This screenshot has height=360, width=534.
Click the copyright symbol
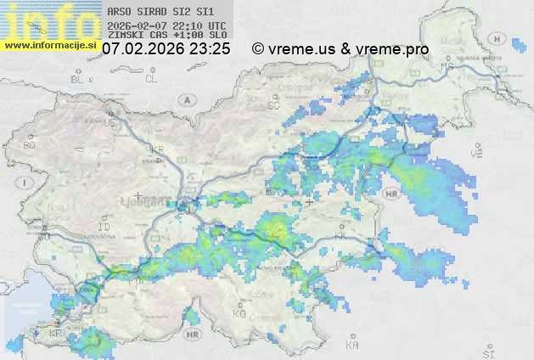(x=257, y=49)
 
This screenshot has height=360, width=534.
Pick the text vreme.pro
(x=394, y=49)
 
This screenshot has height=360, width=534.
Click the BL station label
(x=79, y=79)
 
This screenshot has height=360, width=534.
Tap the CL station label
(x=151, y=79)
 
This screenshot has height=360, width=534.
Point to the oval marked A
(x=186, y=99)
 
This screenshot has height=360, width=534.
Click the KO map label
(x=239, y=314)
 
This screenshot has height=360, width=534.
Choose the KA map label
(x=352, y=346)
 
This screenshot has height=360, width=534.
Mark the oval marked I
(x=26, y=182)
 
